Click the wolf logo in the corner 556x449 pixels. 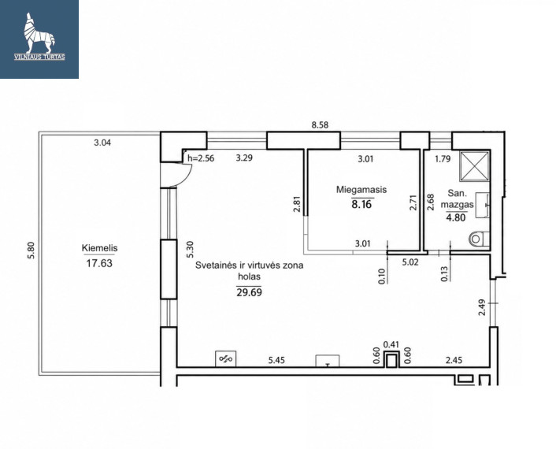click(x=39, y=34)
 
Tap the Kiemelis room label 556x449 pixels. click(x=99, y=248)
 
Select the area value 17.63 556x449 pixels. click(x=99, y=263)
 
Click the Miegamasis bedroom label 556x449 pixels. click(x=361, y=190)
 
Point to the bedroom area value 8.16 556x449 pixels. click(x=361, y=205)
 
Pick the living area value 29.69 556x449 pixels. click(x=250, y=292)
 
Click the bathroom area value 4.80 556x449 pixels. click(x=456, y=217)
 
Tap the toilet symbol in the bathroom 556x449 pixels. click(x=479, y=239)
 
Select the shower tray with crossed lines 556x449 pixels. click(x=474, y=166)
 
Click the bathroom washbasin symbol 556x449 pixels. click(x=483, y=204)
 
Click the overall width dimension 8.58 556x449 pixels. click(x=320, y=124)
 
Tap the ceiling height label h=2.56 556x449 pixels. click(x=201, y=158)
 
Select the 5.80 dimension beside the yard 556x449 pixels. click(x=32, y=250)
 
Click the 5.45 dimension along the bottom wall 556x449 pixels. click(x=276, y=360)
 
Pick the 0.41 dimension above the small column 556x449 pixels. click(x=391, y=344)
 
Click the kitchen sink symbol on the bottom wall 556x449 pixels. click(x=328, y=361)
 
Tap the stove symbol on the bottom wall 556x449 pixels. click(x=226, y=359)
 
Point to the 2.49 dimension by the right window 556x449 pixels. click(x=481, y=307)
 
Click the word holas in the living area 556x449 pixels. click(x=250, y=276)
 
